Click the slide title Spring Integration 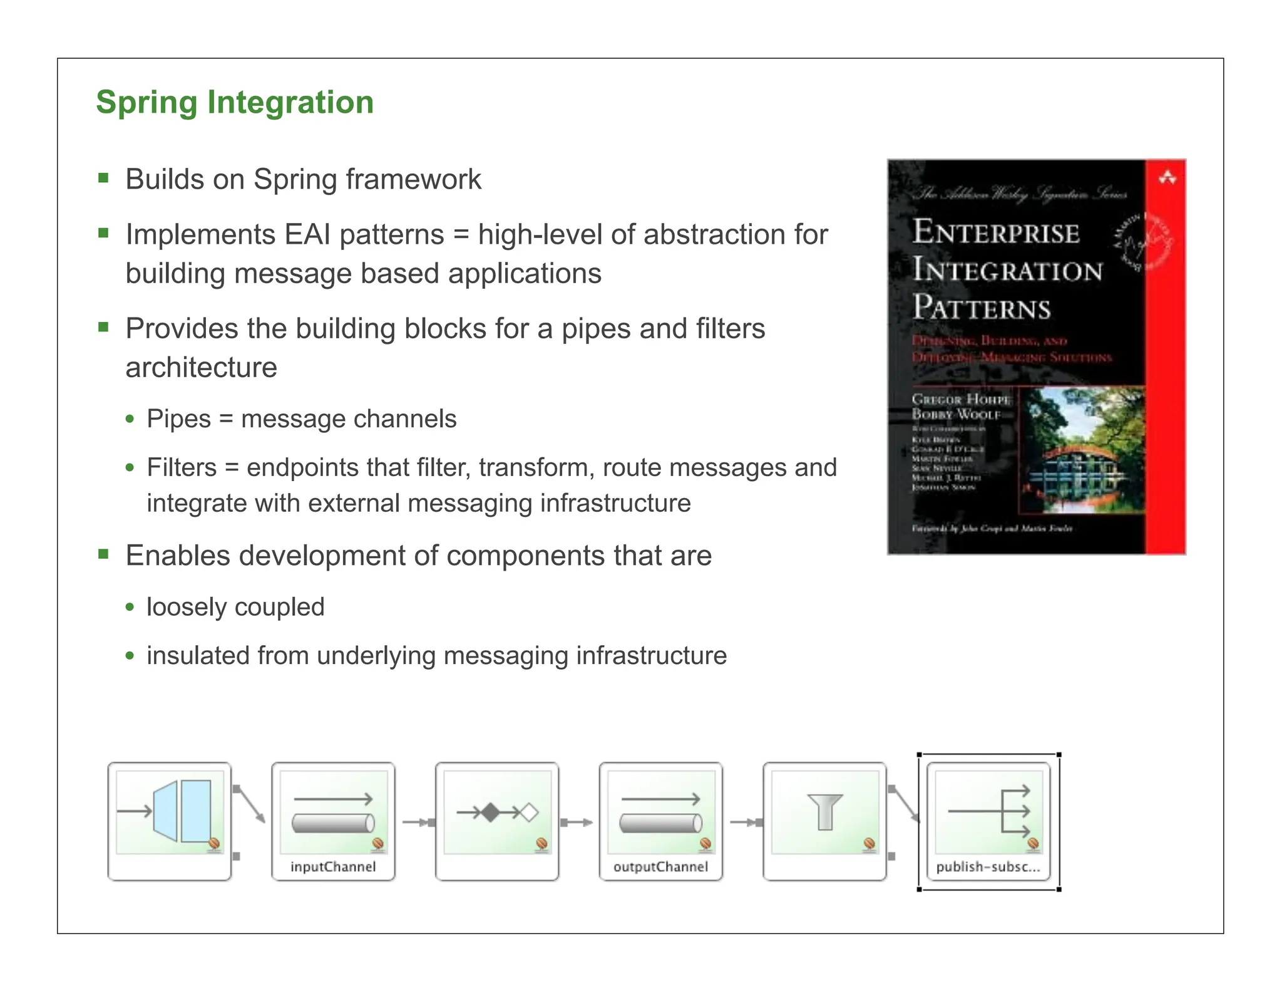tap(235, 102)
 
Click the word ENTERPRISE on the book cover tap(995, 232)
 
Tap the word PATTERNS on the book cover tap(981, 308)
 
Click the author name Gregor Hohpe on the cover tap(960, 399)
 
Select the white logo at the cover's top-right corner tap(1167, 179)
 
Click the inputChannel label tap(333, 867)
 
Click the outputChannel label tap(660, 867)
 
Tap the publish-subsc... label tap(988, 867)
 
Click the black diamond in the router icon tap(491, 813)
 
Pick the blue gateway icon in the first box tap(182, 811)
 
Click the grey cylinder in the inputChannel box tap(333, 823)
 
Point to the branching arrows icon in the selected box tap(995, 811)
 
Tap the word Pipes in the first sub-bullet tap(178, 419)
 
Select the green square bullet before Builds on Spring tap(104, 179)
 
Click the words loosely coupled tap(235, 607)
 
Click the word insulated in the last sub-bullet tap(198, 656)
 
